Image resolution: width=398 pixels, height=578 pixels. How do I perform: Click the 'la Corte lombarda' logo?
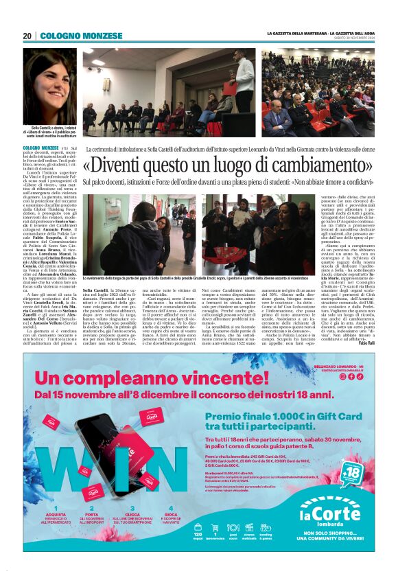337,509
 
